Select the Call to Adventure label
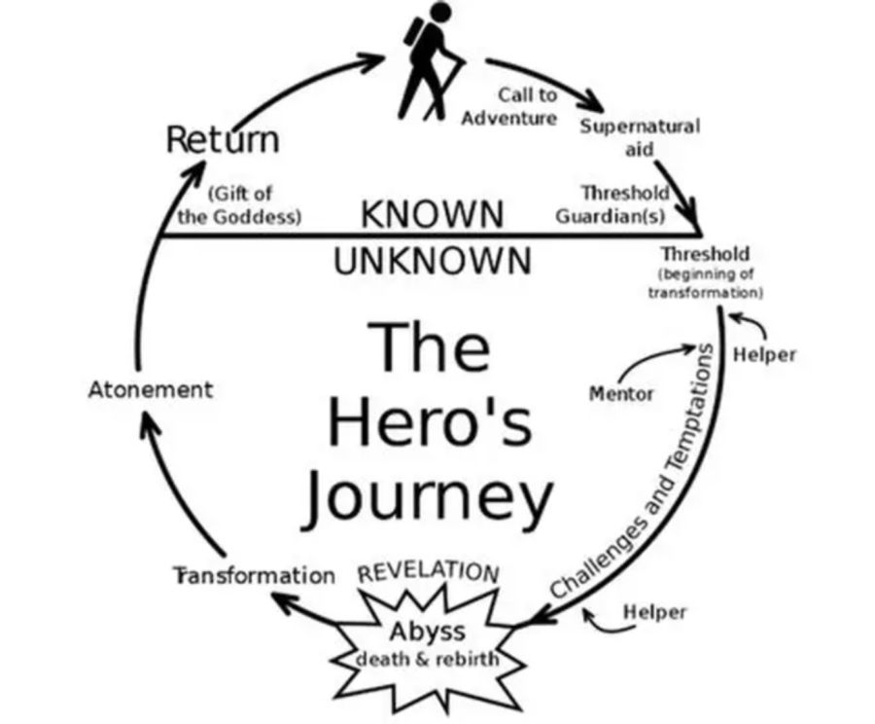tap(512, 106)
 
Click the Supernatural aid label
tap(639, 137)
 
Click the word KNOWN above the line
tap(433, 214)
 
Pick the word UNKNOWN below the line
tap(433, 261)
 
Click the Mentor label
tap(621, 393)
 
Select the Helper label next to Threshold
tap(763, 354)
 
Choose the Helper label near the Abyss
tap(653, 612)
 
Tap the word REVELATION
tap(429, 571)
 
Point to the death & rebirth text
tap(429, 659)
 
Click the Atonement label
tap(150, 389)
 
